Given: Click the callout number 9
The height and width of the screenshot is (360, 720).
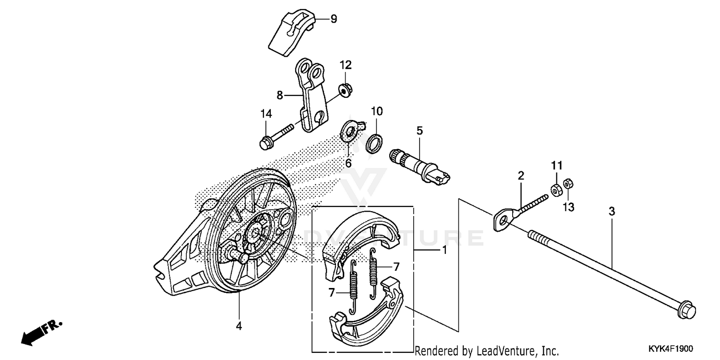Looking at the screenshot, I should [334, 19].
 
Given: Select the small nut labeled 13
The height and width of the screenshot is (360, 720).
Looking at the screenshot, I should [567, 183].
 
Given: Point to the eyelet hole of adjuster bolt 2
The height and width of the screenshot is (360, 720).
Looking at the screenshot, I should [502, 220].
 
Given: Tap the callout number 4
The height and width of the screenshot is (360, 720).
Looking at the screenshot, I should [239, 326].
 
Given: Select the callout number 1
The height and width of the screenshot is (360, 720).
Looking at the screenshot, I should [444, 250].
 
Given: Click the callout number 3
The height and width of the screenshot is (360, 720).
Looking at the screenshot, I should [611, 211].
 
